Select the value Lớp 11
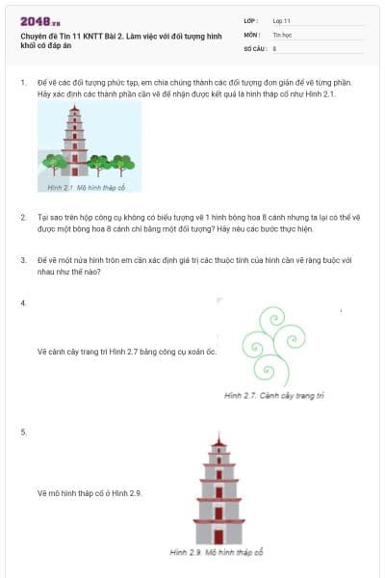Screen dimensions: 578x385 [282, 20]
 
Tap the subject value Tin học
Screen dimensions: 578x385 [282, 34]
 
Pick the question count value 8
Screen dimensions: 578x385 [275, 47]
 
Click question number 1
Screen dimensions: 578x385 [23, 83]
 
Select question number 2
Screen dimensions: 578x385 [23, 218]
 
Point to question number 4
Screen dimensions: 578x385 [23, 303]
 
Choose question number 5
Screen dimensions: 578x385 [23, 432]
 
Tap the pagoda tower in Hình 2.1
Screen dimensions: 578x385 [75, 142]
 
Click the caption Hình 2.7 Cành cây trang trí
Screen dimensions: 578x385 [274, 396]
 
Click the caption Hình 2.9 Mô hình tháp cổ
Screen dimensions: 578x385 [216, 552]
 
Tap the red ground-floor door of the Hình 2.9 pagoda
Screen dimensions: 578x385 [219, 536]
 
